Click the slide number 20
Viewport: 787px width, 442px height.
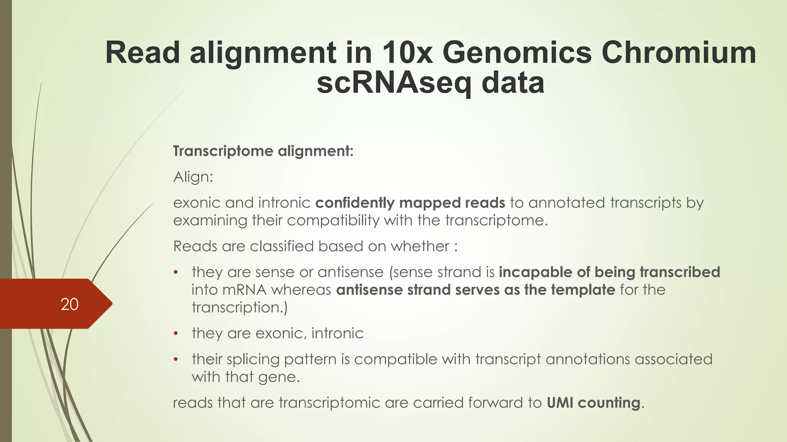(70, 304)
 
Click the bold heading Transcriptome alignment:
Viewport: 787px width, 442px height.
(263, 151)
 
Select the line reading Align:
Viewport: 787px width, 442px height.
(193, 177)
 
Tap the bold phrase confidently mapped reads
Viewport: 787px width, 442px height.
(410, 203)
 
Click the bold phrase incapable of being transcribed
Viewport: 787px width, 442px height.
(609, 272)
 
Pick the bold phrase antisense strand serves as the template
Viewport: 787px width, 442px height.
(475, 290)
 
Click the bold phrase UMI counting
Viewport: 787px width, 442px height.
(593, 402)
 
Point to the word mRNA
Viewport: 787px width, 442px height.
(244, 290)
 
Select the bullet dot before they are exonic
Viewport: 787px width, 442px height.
(176, 333)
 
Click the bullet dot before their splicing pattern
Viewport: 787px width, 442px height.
(176, 360)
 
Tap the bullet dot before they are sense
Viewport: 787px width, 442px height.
(176, 272)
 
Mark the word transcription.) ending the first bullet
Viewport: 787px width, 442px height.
(239, 307)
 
